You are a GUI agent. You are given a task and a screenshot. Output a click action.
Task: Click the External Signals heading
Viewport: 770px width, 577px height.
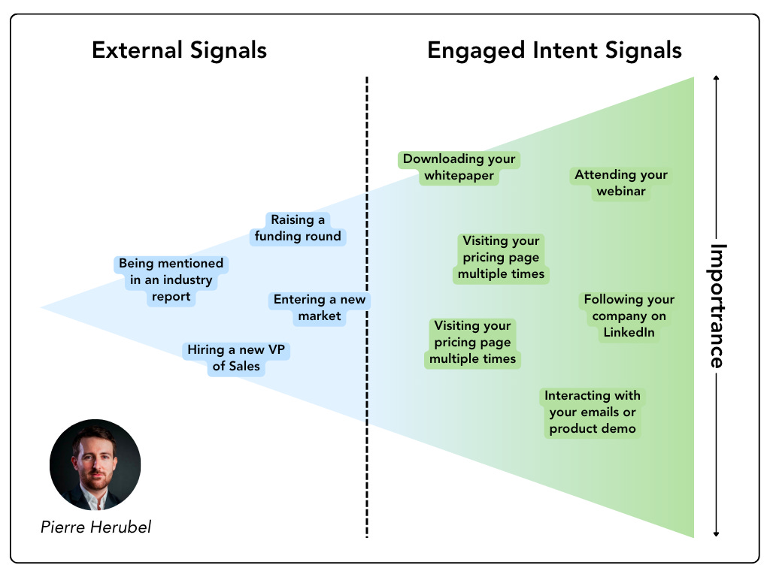(179, 50)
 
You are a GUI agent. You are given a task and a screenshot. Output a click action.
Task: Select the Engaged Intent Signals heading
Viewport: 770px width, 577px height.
(554, 50)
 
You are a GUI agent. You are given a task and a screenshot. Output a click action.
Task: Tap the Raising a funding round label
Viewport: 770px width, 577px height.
(298, 228)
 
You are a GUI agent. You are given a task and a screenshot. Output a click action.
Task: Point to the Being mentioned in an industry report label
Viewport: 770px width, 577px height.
(171, 280)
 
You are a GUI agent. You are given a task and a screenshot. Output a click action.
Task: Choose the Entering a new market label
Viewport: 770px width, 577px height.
(320, 308)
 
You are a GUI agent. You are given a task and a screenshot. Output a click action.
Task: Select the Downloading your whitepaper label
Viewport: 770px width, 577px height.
(459, 168)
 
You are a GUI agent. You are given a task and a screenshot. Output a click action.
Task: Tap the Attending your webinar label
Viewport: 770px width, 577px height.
(621, 183)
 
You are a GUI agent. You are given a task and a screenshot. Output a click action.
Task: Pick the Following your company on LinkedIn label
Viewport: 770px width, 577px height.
(629, 316)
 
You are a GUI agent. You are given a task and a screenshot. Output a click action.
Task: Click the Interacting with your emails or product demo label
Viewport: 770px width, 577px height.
(593, 412)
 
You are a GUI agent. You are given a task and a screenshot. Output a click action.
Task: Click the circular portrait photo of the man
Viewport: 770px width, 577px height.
(95, 465)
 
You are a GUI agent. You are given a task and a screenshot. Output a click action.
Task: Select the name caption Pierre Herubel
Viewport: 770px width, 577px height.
(95, 527)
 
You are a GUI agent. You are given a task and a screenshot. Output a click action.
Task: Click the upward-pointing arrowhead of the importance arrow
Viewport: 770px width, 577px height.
(717, 78)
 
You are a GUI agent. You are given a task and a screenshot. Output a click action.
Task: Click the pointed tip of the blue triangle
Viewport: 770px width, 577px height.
(43, 307)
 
